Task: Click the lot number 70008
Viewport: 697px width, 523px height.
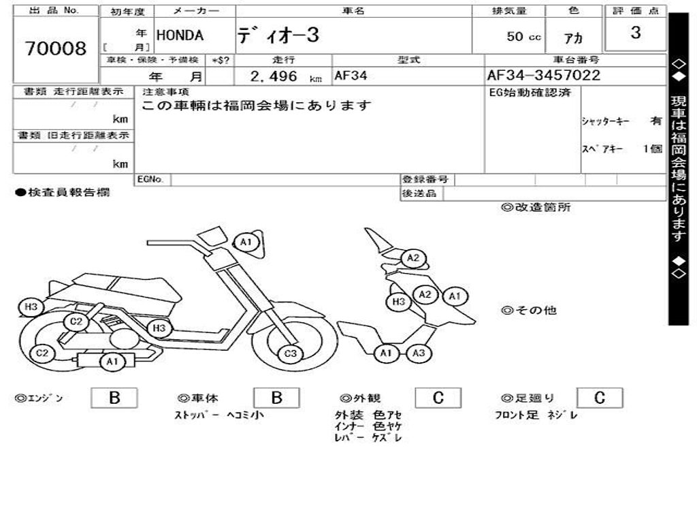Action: [56, 48]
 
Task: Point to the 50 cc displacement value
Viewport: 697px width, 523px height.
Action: [523, 37]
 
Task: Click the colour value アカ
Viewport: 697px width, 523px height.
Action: [574, 39]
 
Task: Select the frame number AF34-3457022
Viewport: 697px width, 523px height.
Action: [543, 75]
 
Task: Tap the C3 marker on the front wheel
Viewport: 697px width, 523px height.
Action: [291, 353]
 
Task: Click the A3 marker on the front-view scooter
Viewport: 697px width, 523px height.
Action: [419, 353]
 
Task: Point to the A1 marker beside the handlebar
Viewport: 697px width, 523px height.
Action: [246, 242]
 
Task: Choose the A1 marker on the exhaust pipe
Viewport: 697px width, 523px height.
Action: [112, 362]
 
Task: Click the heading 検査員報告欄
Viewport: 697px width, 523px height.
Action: [63, 193]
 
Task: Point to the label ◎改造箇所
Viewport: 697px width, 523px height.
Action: [536, 208]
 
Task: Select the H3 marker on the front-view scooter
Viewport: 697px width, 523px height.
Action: [399, 301]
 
